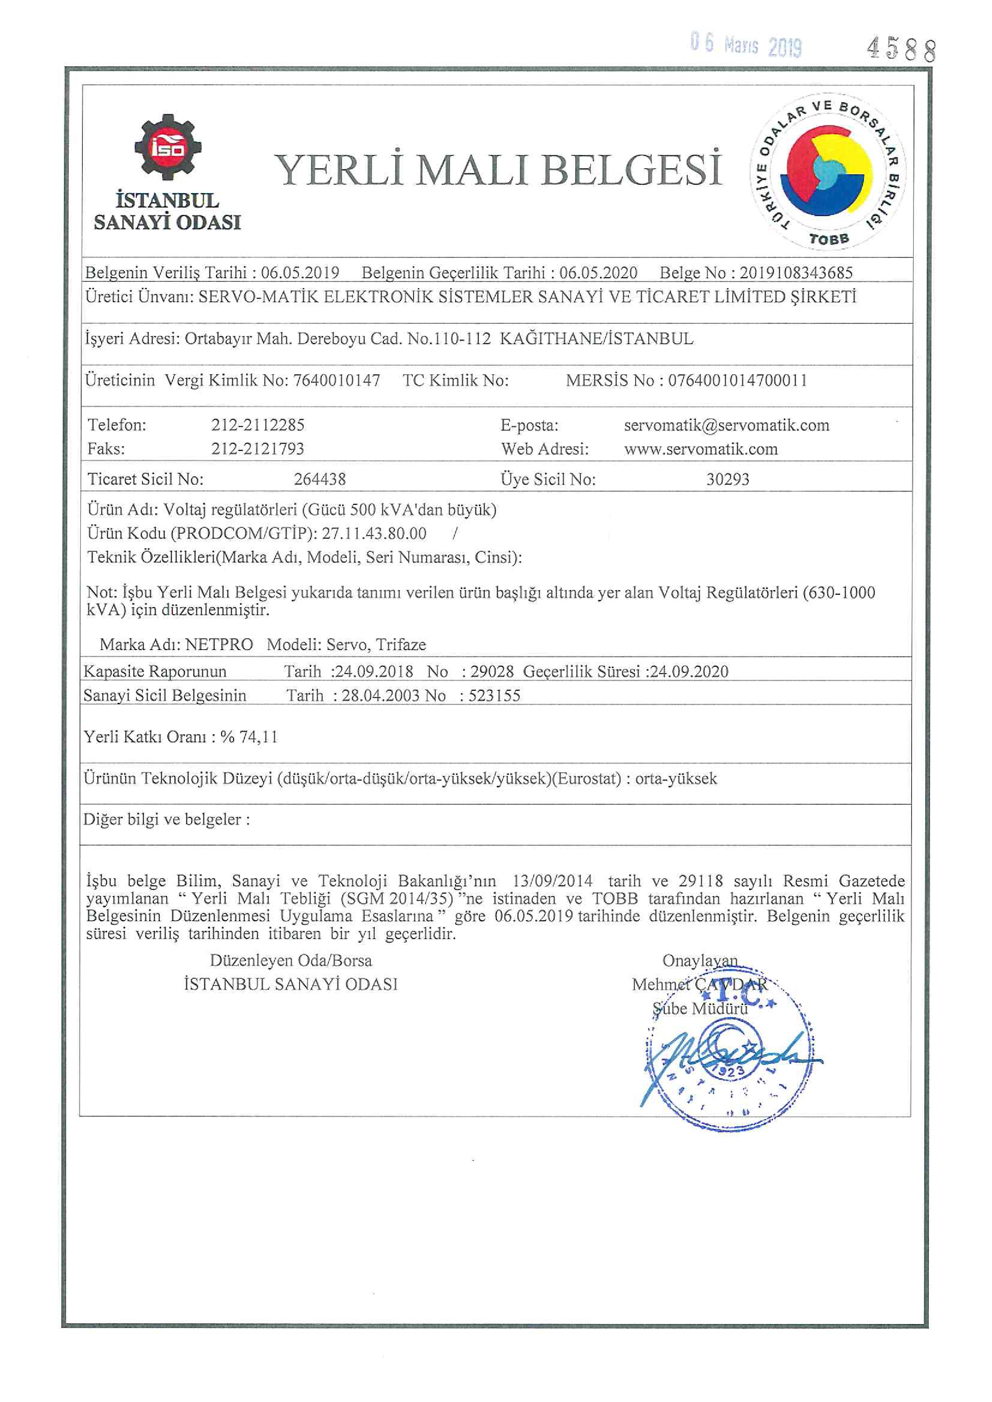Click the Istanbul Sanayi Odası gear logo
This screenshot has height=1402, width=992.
tap(168, 148)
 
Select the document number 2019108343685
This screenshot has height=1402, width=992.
tap(796, 272)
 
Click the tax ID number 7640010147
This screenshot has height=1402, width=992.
tap(336, 381)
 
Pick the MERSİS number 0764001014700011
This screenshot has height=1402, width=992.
tap(737, 381)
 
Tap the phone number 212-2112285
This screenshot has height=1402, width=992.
tap(258, 425)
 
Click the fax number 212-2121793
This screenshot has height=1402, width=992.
tap(258, 449)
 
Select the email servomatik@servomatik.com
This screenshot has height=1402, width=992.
tap(726, 425)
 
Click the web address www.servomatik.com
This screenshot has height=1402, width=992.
tap(701, 449)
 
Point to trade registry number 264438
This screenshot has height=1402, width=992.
tap(320, 479)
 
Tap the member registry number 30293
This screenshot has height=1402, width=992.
tap(728, 479)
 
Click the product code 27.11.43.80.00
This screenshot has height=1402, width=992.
tap(374, 533)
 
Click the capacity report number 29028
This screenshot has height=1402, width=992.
tap(492, 672)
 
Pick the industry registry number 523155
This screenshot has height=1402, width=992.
tap(494, 696)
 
